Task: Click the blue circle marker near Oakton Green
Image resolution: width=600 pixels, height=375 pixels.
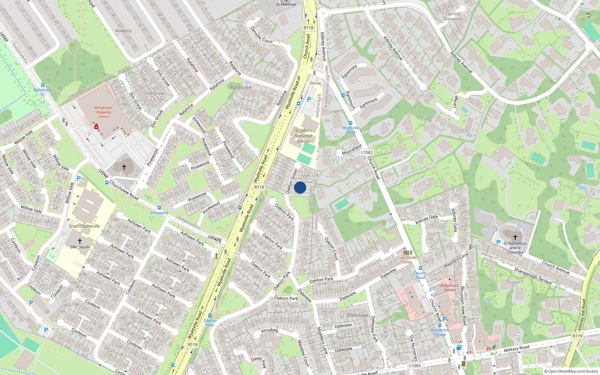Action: coord(300,187)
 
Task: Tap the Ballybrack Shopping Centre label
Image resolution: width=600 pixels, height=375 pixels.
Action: coord(103,112)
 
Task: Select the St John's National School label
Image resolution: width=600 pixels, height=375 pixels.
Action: coord(303,136)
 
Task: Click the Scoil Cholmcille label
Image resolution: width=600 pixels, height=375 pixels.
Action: coord(84,226)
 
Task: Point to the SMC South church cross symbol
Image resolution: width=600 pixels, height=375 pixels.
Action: coord(79,241)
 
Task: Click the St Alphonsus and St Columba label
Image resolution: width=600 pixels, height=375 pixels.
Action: coord(515,248)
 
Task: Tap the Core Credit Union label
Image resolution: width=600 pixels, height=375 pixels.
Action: coord(406,259)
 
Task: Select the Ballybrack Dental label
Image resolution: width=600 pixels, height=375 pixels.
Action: coord(450,288)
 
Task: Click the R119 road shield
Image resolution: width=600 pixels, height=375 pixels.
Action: coord(577,336)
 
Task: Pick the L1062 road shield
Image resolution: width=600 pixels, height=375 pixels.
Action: coord(367,152)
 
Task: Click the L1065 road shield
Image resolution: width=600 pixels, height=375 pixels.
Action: coord(415,366)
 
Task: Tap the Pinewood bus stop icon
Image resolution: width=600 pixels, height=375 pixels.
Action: coord(159,208)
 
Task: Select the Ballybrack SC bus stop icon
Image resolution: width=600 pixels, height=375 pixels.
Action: coord(42,85)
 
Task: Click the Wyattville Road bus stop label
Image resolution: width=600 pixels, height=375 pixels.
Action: coord(351,130)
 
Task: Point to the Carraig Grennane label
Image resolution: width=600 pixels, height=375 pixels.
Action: coord(453,16)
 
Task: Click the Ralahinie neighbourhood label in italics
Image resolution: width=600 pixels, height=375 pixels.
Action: coord(240,87)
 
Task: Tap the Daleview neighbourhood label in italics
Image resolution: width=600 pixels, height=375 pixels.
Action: coord(357,315)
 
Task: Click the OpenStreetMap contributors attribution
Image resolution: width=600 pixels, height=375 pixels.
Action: coord(571,372)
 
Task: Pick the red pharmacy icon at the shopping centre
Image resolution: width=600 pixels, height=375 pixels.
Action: coord(96,127)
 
